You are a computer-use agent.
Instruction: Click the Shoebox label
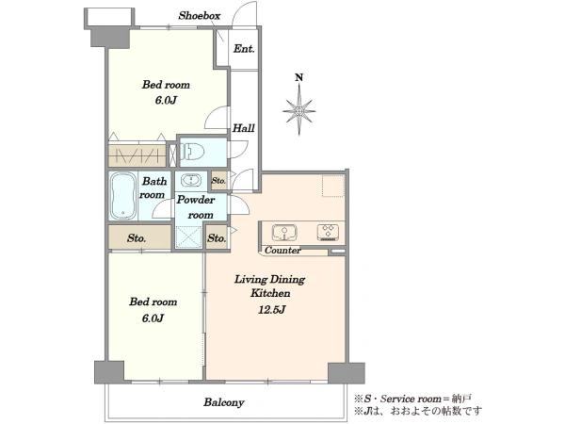click(x=200, y=15)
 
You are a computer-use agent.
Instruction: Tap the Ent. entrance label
click(x=244, y=48)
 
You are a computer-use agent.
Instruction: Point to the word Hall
click(x=244, y=128)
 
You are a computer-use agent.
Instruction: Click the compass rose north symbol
click(x=299, y=111)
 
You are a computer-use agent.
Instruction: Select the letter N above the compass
click(x=299, y=77)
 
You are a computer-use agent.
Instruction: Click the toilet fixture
click(x=192, y=152)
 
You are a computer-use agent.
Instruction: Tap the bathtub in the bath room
click(x=122, y=196)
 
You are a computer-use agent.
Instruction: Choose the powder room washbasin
click(x=191, y=180)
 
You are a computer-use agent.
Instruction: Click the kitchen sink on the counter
click(x=284, y=233)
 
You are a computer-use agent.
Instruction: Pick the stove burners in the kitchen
click(x=328, y=232)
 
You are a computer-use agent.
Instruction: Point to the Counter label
click(x=282, y=251)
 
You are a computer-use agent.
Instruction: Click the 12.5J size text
click(x=272, y=309)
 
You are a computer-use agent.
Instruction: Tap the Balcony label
click(x=224, y=402)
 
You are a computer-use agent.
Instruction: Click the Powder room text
click(x=196, y=207)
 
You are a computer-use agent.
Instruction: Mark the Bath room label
click(x=153, y=188)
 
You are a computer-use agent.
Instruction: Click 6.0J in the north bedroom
click(x=166, y=100)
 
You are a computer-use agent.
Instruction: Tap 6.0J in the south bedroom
click(x=153, y=318)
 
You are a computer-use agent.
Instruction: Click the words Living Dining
click(x=270, y=280)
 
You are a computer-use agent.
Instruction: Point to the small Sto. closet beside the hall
click(x=218, y=180)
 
